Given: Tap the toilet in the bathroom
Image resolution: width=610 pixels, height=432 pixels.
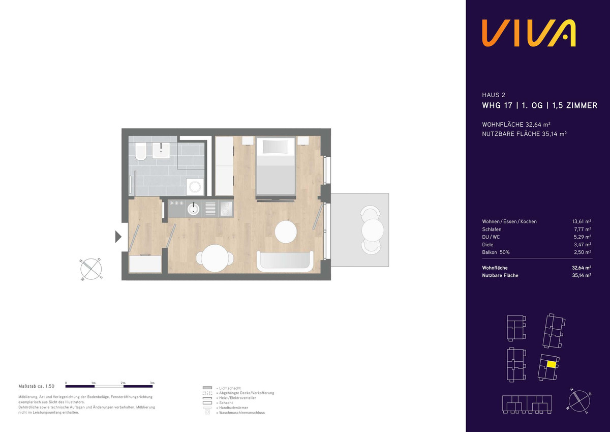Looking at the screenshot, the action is pos(140,151).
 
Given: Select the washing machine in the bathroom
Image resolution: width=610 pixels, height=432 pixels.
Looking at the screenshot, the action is pos(195,187).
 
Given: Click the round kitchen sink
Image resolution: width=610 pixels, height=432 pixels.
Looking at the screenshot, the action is pos(193,209).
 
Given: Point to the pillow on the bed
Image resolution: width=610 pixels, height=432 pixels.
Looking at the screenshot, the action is pos(275,147).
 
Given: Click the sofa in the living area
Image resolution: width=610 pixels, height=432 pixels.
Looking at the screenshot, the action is pos(285,262).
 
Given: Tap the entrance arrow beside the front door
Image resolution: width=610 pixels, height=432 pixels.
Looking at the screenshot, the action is pos(118,237).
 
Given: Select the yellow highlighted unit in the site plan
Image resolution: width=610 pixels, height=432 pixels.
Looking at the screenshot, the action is pos(552,365).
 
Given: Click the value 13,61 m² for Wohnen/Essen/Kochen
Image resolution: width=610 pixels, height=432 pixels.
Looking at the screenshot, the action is pos(582,221).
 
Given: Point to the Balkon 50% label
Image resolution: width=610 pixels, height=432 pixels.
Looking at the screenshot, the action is pos(496,252).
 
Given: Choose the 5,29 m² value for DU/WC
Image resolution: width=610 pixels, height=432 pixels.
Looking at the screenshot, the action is pos(582,237).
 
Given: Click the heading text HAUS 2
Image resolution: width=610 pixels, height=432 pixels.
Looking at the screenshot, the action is pos(494,95).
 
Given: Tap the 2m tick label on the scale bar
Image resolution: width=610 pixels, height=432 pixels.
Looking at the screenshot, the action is pos(123,383).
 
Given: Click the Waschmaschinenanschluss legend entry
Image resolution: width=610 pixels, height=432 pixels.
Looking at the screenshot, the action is pos(242,413).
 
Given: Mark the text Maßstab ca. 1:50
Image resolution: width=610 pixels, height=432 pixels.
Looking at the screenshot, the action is pos(37,386).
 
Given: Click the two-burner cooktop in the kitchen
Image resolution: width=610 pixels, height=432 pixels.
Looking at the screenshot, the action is pos(226,209).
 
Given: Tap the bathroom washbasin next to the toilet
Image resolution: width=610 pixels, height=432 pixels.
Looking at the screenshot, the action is pos(161,150).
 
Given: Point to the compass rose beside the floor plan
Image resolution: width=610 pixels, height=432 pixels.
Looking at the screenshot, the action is pos(91,269).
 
